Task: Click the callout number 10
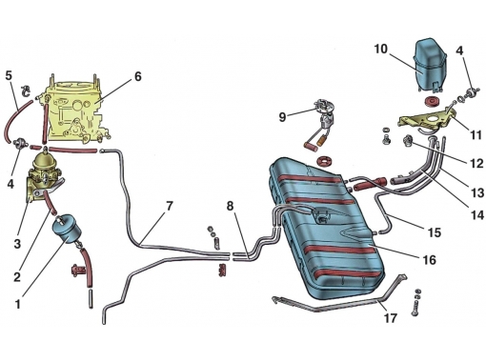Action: click(x=381, y=50)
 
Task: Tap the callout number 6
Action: click(x=138, y=76)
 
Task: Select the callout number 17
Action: click(x=391, y=318)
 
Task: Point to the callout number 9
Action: click(x=282, y=117)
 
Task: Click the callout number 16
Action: click(x=430, y=260)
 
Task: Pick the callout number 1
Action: click(x=18, y=304)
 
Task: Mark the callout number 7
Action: click(x=170, y=206)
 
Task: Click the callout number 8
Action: click(x=230, y=206)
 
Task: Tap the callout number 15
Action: click(x=435, y=232)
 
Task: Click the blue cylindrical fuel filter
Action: click(x=65, y=229)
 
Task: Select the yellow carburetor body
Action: click(x=75, y=111)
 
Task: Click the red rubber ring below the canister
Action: click(x=432, y=102)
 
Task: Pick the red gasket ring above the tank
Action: click(x=324, y=160)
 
